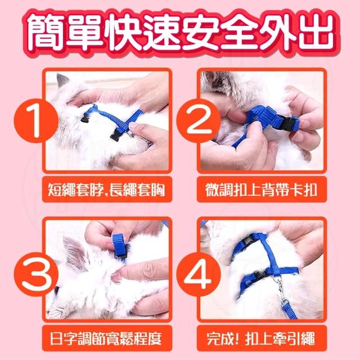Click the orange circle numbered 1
pos(36,121)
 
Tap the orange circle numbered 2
pos(199,121)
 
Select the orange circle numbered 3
pos(36,274)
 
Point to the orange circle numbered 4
pos(199,274)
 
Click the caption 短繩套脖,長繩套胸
pos(106,190)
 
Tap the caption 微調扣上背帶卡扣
pos(261,190)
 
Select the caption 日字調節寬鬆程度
pos(106,338)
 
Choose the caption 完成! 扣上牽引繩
pos(261,338)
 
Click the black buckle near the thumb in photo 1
pos(116,136)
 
